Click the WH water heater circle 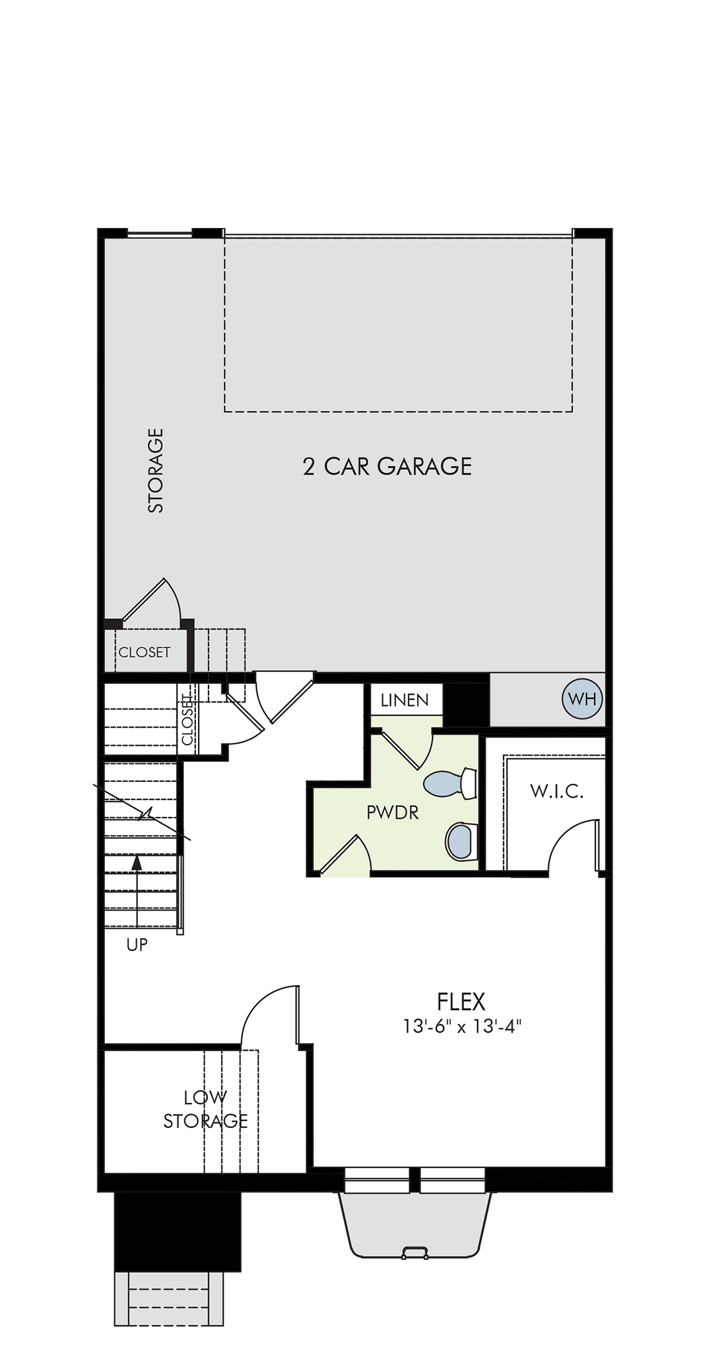coord(582,699)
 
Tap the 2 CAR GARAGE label coord(387,467)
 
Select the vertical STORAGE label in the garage coord(156,470)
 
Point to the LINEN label coord(405,700)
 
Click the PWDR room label coord(392,813)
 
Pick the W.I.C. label coord(556,792)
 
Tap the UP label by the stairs coord(137,945)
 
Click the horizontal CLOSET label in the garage coord(144,652)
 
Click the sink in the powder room coord(462,841)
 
